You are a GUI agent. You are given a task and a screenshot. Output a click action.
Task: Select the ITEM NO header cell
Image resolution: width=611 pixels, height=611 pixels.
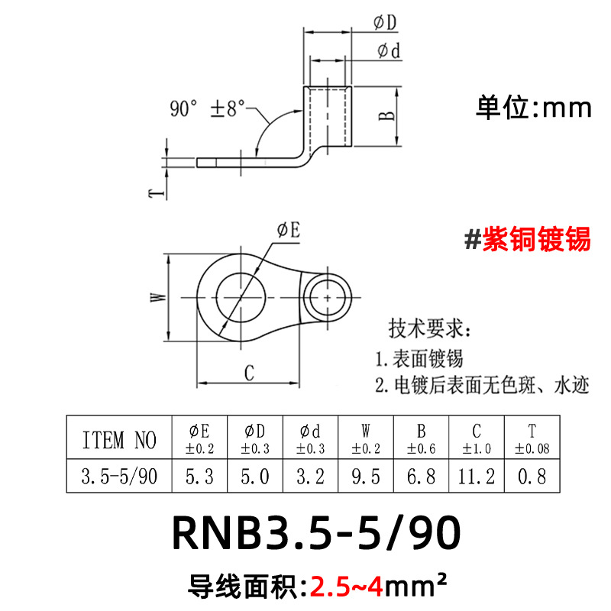point(118,439)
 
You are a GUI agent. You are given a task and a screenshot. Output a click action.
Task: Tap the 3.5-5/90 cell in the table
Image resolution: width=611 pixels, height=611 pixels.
point(118,477)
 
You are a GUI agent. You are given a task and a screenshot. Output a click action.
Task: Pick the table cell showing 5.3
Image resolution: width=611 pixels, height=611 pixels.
point(200,477)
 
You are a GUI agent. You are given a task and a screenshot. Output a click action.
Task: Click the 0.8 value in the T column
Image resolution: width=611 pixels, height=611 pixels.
point(532,477)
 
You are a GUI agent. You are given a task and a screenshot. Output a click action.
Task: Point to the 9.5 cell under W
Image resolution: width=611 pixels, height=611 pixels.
point(365,477)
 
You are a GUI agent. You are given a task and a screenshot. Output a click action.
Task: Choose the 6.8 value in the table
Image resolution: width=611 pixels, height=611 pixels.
point(422,477)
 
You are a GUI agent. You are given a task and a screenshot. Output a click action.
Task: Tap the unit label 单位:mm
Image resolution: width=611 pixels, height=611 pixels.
point(534,107)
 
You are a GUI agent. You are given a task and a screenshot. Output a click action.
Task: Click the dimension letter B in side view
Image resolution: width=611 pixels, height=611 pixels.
point(387,115)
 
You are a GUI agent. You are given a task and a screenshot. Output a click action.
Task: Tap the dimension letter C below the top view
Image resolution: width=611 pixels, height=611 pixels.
point(249,373)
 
